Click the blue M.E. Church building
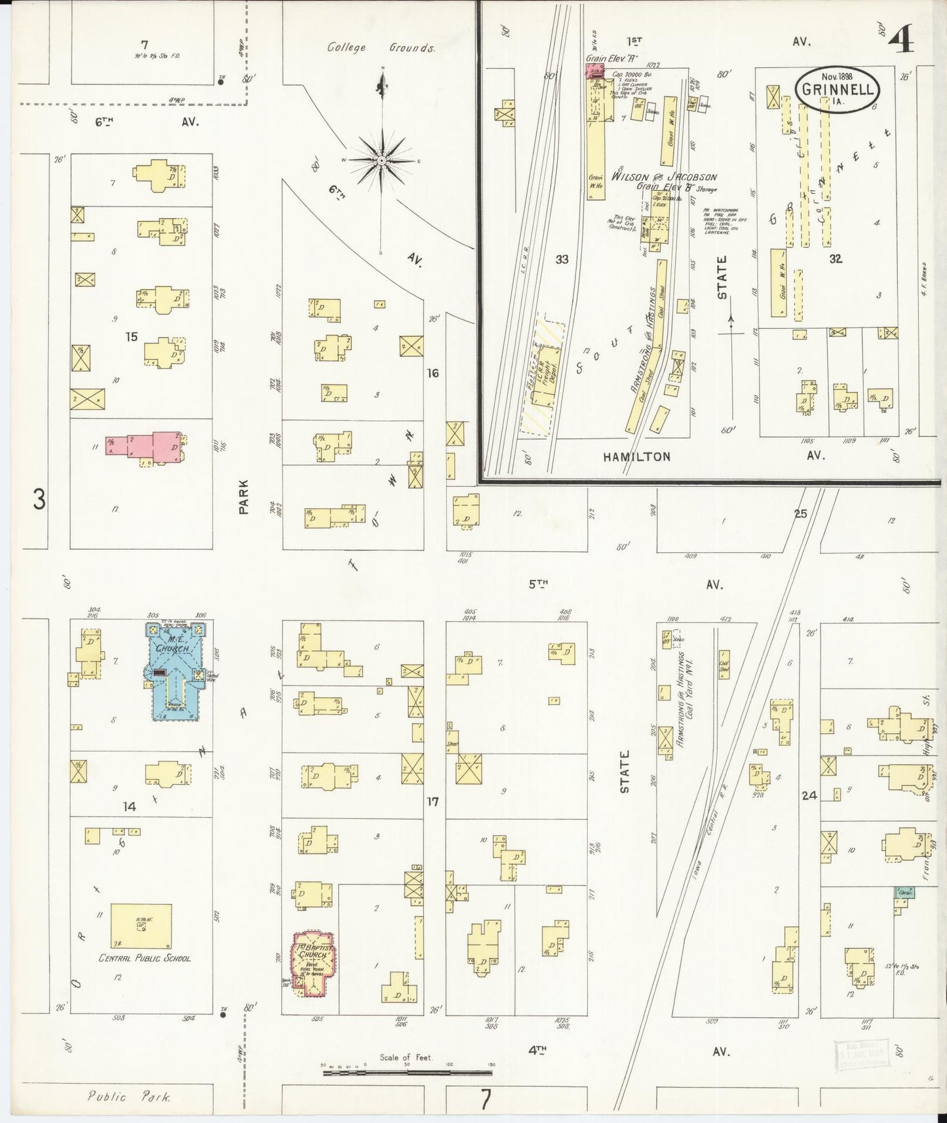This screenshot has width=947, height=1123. [x=173, y=672]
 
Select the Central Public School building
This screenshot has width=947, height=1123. [x=142, y=926]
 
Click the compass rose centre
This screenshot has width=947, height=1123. [x=381, y=160]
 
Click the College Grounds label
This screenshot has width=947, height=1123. [x=381, y=48]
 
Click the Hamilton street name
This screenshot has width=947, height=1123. [x=637, y=457]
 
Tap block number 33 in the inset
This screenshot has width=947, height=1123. [x=562, y=259]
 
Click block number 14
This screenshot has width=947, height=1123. [x=129, y=806]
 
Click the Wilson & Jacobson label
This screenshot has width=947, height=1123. [x=663, y=177]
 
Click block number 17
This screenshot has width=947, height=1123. [x=432, y=801]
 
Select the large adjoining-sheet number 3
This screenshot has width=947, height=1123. [x=39, y=500]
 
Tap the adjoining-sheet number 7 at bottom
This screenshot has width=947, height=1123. [x=484, y=1100]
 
